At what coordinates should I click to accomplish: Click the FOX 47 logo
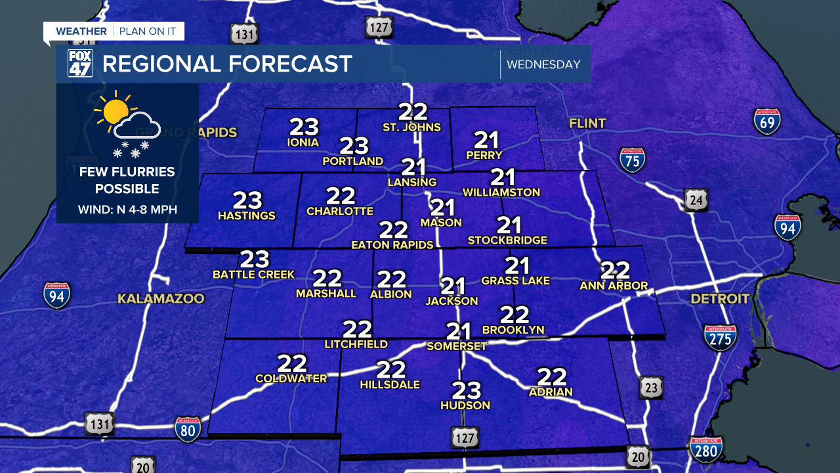coord(80,64)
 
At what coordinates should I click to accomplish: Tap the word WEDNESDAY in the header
coord(544,64)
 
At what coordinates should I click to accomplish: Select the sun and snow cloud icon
coord(127,124)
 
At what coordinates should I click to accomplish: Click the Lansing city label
coord(412,182)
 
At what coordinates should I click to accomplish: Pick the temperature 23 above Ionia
coord(303,127)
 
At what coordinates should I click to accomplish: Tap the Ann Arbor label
coord(614,286)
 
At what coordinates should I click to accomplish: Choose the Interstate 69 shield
coord(766,122)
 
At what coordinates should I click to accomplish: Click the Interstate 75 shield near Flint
coord(632,160)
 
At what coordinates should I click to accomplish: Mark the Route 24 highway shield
coord(696,200)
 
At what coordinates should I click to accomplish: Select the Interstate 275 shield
coord(720,337)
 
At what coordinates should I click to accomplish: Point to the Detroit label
coord(720,299)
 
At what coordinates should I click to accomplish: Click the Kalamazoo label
coord(161,299)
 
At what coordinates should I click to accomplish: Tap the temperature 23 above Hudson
coord(466,391)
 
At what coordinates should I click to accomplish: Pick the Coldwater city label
coord(291,378)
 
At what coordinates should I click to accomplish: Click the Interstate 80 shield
coord(188,429)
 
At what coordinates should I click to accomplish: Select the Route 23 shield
coord(650,388)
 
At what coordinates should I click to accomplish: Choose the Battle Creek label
coord(254,274)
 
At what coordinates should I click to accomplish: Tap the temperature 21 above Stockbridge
coord(508,226)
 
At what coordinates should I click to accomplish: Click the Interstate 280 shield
coord(705,449)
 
